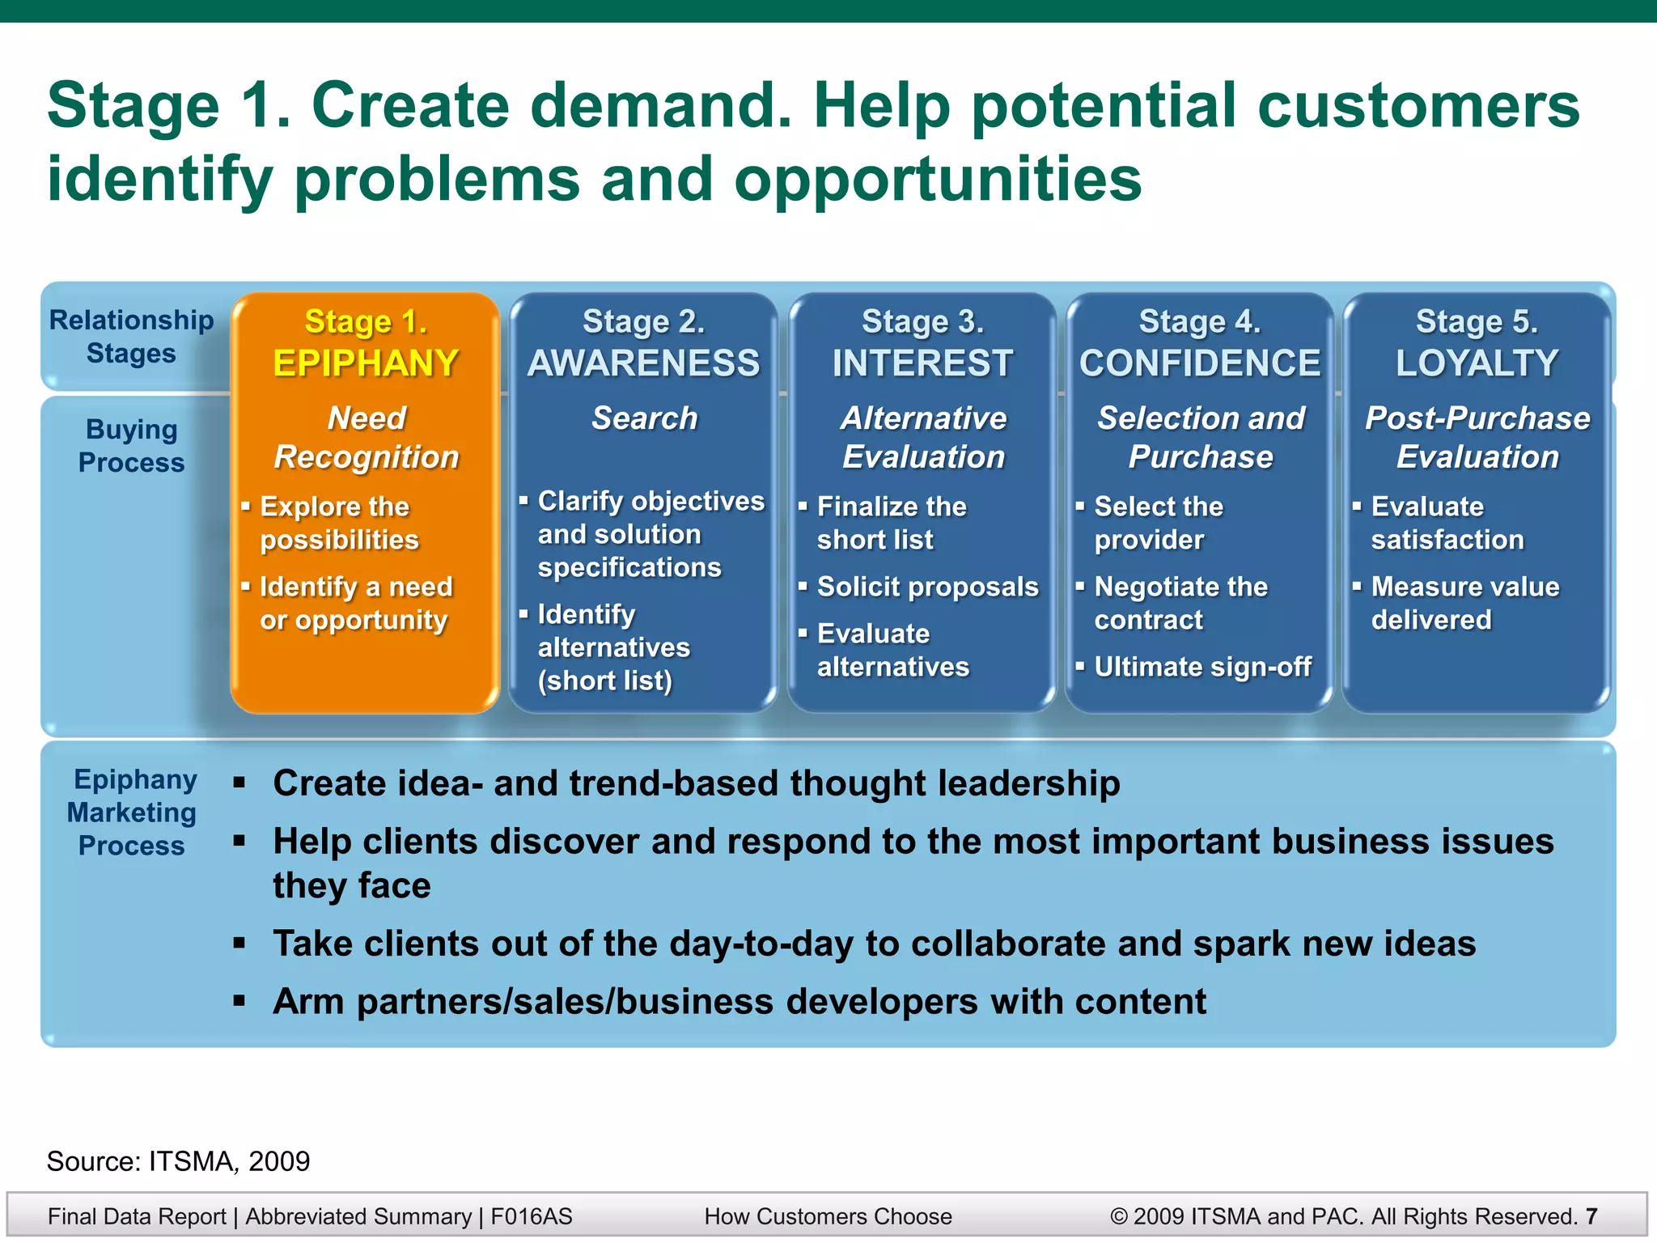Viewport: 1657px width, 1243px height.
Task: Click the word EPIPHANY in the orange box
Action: pyautogui.click(x=366, y=363)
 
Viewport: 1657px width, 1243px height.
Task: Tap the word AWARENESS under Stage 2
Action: pyautogui.click(x=644, y=363)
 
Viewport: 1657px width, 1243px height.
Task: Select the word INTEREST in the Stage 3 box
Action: pyautogui.click(x=922, y=363)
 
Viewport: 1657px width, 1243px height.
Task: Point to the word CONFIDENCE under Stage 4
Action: pyautogui.click(x=1200, y=363)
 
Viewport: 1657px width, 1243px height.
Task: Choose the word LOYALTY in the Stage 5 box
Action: pyautogui.click(x=1477, y=363)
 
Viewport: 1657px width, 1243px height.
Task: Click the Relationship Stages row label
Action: pyautogui.click(x=131, y=337)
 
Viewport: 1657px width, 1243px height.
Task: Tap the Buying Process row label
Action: pyautogui.click(x=131, y=446)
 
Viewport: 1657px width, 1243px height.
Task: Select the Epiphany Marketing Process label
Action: pyautogui.click(x=131, y=812)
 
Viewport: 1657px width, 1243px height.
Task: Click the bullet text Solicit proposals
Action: pyautogui.click(x=927, y=587)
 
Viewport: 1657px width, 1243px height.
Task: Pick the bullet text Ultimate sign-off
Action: pyautogui.click(x=1202, y=667)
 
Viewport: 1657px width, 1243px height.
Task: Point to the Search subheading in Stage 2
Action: pyautogui.click(x=644, y=418)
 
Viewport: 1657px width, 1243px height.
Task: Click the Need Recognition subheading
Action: pyautogui.click(x=366, y=438)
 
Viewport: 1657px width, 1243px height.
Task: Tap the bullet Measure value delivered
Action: pyautogui.click(x=1464, y=603)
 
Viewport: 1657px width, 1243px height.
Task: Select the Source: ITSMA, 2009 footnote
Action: pyautogui.click(x=178, y=1161)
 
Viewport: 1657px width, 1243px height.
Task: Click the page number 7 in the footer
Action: pyautogui.click(x=1591, y=1216)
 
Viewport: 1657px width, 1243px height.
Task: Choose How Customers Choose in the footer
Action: pyautogui.click(x=828, y=1216)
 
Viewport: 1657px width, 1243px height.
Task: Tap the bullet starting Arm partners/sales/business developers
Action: pyautogui.click(x=739, y=1002)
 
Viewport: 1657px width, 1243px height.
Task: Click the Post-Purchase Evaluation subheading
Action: pyautogui.click(x=1477, y=438)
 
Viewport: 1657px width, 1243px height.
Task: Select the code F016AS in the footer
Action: pyautogui.click(x=531, y=1216)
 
